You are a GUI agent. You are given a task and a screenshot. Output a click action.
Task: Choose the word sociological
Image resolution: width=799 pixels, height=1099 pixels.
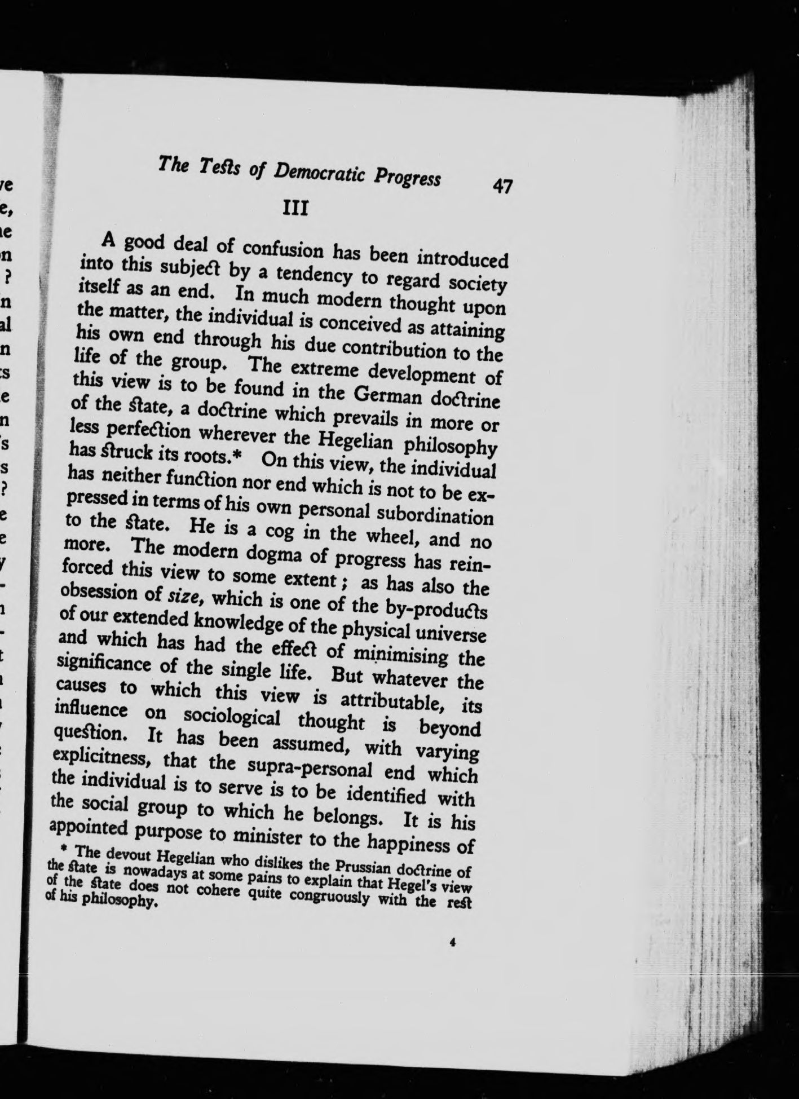(x=232, y=717)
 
